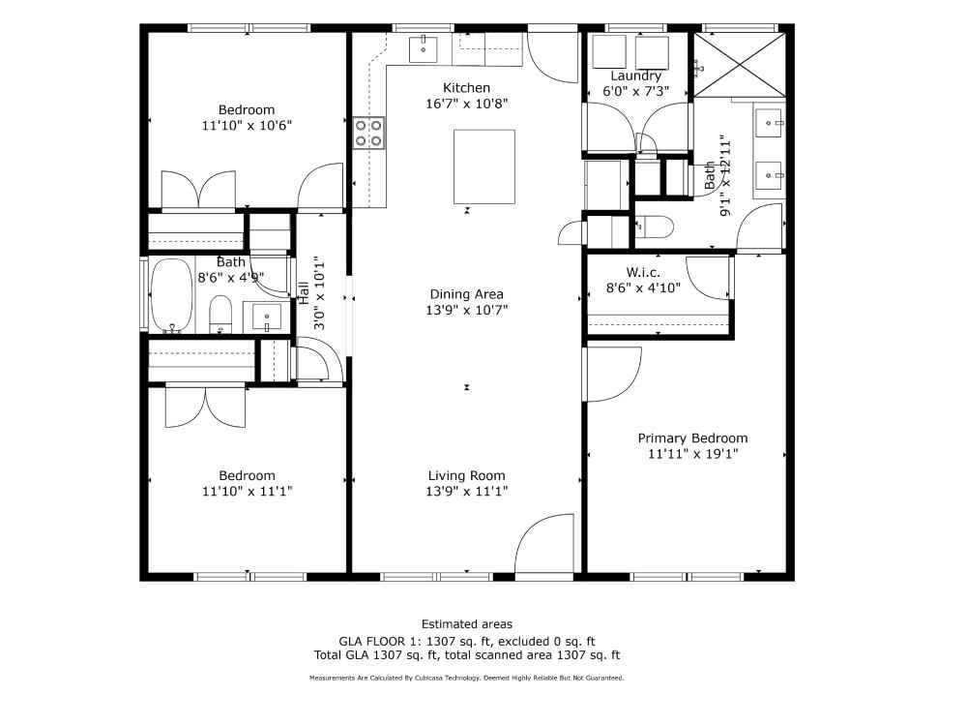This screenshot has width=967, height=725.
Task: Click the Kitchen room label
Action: coord(466,88)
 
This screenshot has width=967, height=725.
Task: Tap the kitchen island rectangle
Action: coord(484,166)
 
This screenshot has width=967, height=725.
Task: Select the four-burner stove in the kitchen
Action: coord(368,134)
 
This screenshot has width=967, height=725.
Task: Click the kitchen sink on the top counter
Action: coord(424,49)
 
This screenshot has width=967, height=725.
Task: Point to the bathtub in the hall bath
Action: coord(172,296)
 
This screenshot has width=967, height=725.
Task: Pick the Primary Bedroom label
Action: coord(692,438)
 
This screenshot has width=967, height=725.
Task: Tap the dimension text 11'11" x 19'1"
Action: coord(692,454)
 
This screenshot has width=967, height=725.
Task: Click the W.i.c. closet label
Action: coord(643,272)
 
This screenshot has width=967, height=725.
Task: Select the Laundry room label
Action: coord(636,76)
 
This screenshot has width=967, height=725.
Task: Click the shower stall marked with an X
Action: coord(740,65)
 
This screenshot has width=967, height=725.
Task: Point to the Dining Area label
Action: coord(466,294)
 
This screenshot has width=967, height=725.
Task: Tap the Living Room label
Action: coord(466,475)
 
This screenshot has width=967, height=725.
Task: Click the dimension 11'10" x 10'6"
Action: coord(247,126)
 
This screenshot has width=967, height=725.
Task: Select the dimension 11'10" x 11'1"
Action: coord(247,492)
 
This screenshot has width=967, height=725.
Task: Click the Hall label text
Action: coord(304,292)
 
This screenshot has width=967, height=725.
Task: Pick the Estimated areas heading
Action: coord(467,623)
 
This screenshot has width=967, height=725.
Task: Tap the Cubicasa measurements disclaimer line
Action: coord(467,678)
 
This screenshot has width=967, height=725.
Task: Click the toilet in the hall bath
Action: coord(220,314)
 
